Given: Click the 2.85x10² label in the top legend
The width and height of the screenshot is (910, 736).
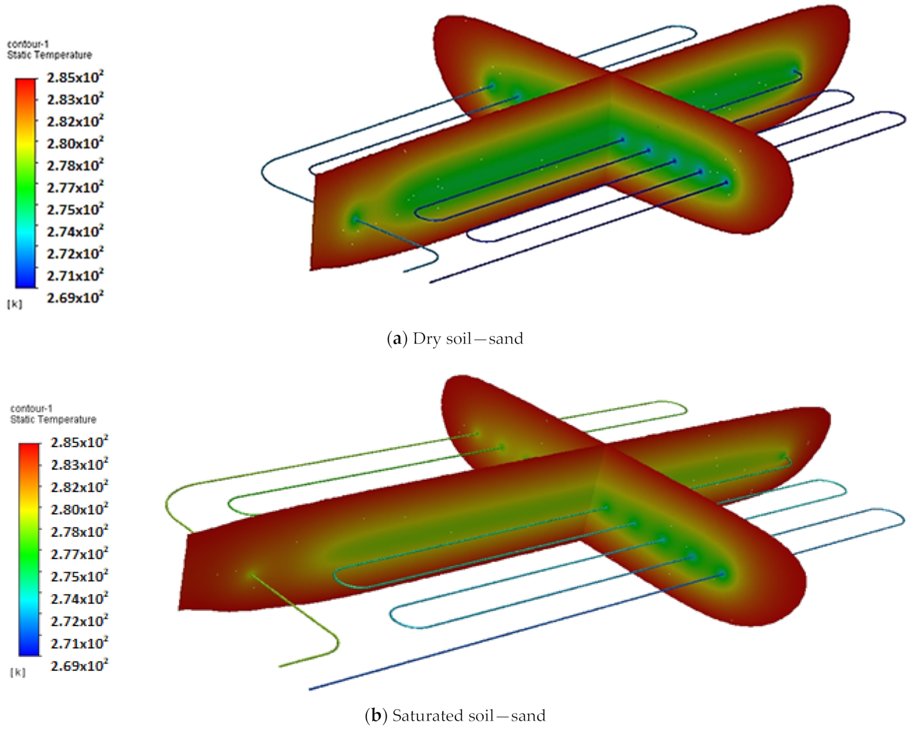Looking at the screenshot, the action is click(75, 78).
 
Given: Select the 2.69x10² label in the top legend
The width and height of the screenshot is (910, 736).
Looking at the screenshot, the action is click(75, 297).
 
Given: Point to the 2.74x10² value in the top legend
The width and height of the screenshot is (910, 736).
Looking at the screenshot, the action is click(75, 231).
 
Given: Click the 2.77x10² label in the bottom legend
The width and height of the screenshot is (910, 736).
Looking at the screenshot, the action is click(79, 554).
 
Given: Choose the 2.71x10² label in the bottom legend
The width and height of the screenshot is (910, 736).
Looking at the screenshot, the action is click(79, 643).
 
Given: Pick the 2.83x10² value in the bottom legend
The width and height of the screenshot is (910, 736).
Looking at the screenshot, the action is click(79, 465).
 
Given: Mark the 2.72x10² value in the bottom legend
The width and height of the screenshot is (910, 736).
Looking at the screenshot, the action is click(79, 621).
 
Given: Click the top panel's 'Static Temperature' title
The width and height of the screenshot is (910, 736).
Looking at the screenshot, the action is click(50, 55).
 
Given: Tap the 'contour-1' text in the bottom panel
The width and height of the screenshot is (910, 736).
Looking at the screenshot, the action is click(31, 408).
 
